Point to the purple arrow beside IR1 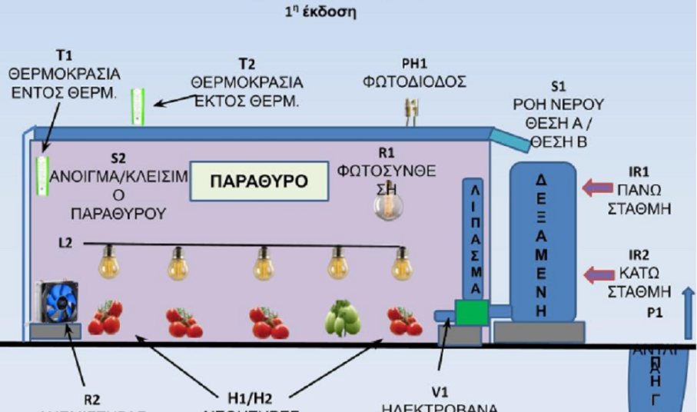pyautogui.click(x=597, y=187)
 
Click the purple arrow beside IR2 pyautogui.click(x=597, y=272)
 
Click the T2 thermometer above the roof pyautogui.click(x=138, y=105)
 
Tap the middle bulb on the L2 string pyautogui.click(x=262, y=264)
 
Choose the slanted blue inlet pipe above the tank pyautogui.click(x=510, y=138)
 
